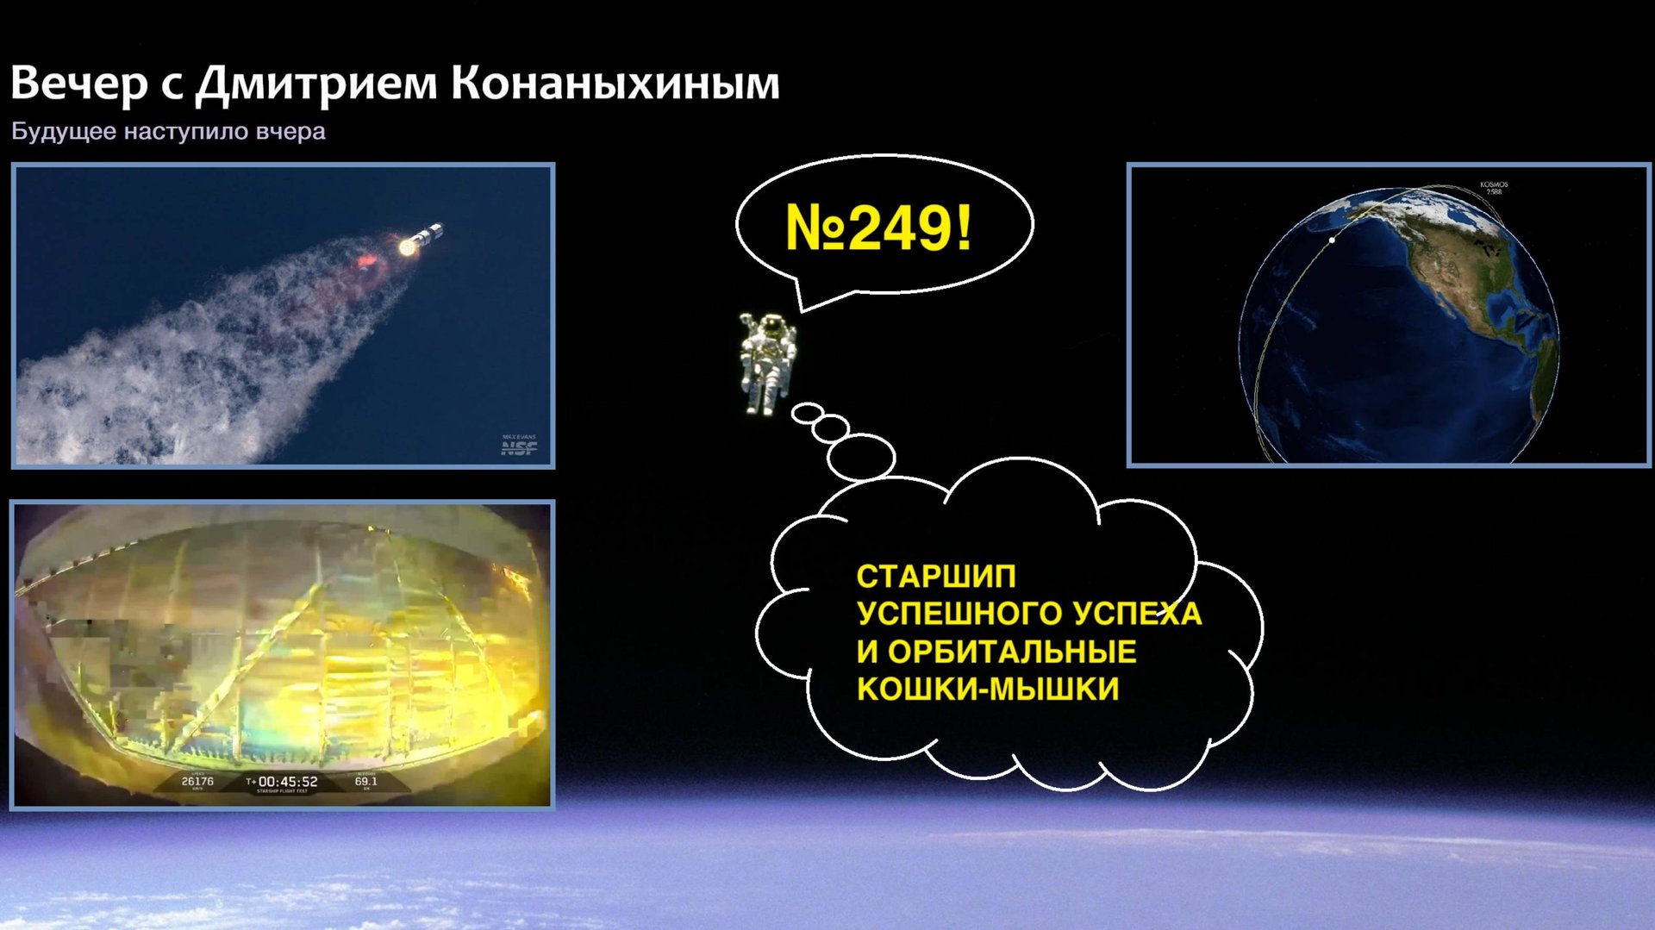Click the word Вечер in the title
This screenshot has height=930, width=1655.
click(x=78, y=84)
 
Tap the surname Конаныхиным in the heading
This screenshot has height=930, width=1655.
click(x=615, y=84)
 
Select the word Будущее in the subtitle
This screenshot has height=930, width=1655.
click(x=63, y=132)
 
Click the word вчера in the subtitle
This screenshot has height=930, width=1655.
click(x=290, y=132)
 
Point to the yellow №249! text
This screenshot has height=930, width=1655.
click(x=878, y=228)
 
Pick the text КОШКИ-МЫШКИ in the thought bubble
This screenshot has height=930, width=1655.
click(x=988, y=690)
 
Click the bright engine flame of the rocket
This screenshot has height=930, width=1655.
click(x=407, y=247)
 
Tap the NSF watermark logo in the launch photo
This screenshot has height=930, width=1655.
click(x=519, y=446)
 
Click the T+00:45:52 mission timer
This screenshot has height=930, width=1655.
click(x=282, y=782)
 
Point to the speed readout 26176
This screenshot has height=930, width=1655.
click(x=197, y=781)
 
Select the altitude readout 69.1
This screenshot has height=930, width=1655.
click(x=365, y=781)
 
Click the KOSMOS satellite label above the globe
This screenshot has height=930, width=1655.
click(x=1494, y=188)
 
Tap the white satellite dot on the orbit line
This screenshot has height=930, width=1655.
click(x=1333, y=240)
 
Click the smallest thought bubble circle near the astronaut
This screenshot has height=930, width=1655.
click(x=808, y=414)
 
